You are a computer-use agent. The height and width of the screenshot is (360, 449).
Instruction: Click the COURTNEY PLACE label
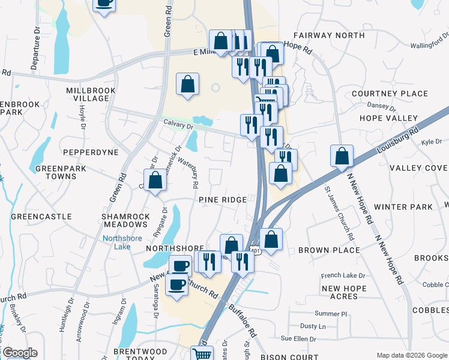[390, 94]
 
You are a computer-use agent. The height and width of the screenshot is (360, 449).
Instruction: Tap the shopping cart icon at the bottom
[202, 354]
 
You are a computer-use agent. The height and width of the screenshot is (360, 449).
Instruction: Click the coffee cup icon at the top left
[104, 3]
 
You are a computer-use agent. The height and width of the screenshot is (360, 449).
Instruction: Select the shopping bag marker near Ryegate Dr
[155, 179]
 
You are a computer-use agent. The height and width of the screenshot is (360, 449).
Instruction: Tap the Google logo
[19, 353]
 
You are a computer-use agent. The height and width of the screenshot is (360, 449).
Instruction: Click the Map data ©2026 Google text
[411, 355]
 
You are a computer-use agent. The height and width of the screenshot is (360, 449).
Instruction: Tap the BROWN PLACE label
[329, 250]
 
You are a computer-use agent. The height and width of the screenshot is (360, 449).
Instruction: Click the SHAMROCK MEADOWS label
[125, 220]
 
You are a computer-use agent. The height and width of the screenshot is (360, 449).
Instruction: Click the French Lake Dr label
[343, 276]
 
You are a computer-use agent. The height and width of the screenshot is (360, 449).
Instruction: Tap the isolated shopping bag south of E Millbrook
[187, 84]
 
